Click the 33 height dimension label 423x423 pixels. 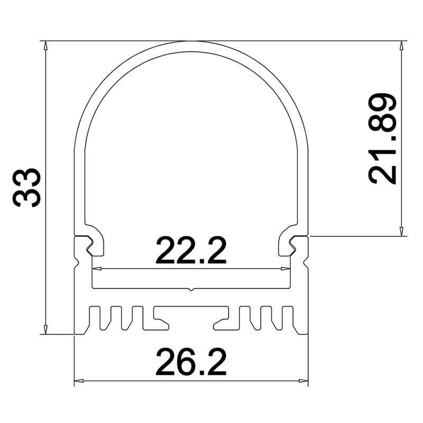click(26, 188)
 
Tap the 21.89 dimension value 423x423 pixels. click(382, 139)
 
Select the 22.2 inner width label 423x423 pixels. click(191, 250)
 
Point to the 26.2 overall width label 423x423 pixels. click(191, 362)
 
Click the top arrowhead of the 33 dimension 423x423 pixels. click(46, 45)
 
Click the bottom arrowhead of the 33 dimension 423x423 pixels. click(46, 329)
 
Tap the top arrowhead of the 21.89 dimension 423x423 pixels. click(402, 45)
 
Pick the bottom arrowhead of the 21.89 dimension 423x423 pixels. click(402, 232)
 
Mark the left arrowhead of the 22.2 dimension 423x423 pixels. click(97, 269)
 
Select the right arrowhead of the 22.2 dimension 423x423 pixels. click(286, 269)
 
